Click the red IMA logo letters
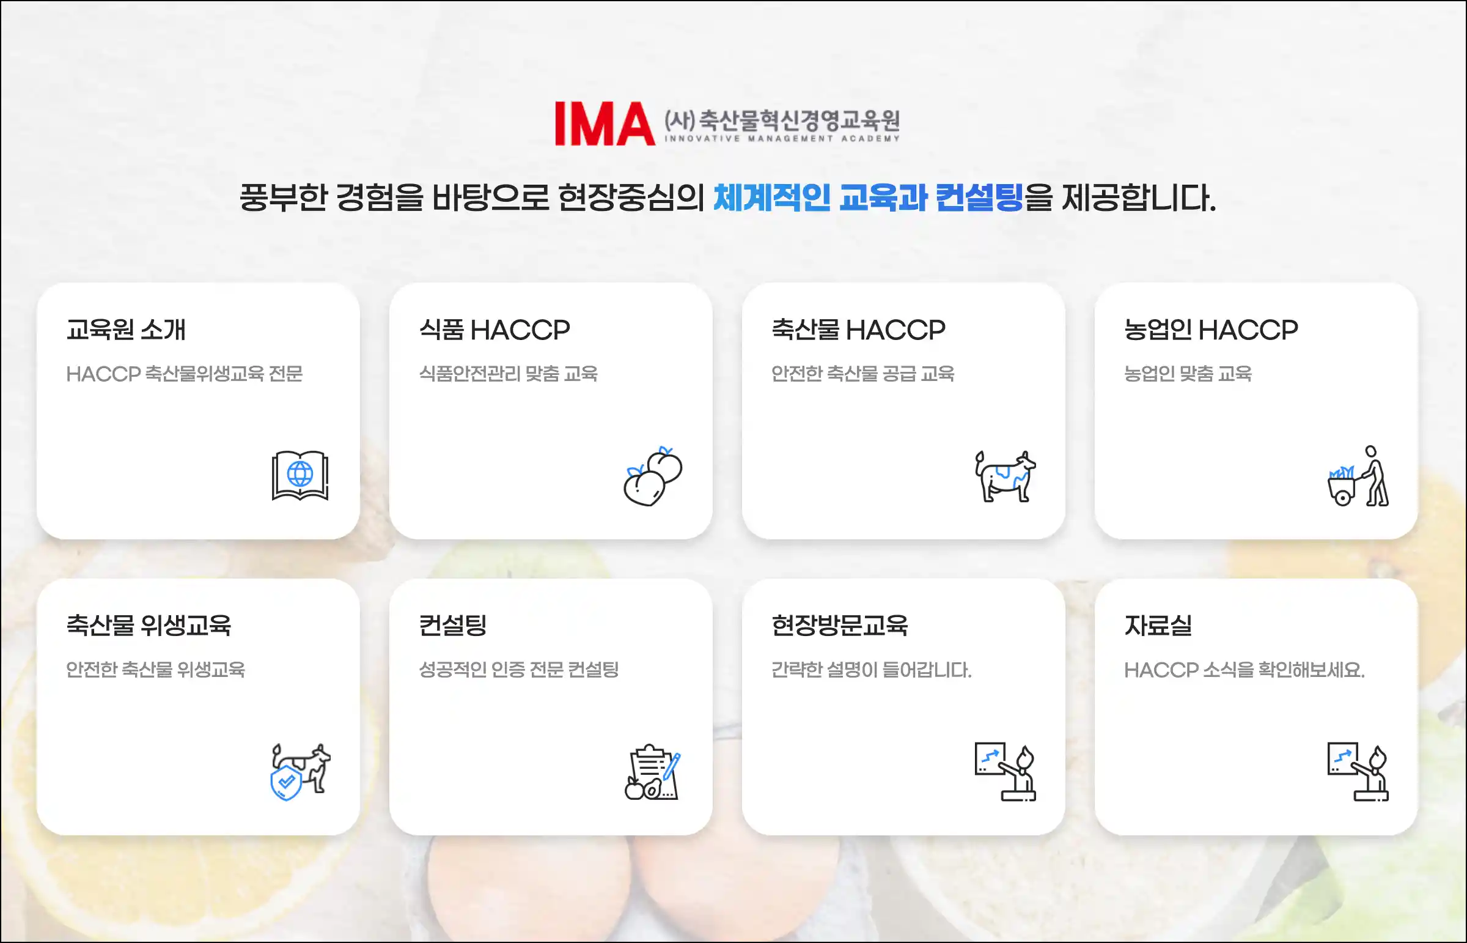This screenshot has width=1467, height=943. coord(605,124)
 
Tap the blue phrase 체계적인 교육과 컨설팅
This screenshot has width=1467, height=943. coord(869,198)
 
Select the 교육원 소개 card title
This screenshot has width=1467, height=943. coord(126,330)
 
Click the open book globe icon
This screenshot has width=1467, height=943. coord(300,475)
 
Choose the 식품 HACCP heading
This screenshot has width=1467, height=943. coord(495,330)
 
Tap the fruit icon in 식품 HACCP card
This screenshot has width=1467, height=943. coord(653,476)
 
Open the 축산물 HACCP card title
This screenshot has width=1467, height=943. coord(858,330)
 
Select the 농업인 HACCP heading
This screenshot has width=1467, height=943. coord(1211,330)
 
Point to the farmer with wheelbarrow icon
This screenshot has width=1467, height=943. coord(1358,476)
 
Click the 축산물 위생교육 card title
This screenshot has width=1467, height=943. coord(149,625)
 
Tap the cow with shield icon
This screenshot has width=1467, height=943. coord(301,772)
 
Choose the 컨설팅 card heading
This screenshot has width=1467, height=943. coord(453,625)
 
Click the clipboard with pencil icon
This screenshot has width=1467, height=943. coord(652,772)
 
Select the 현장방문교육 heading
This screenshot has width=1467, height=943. coord(840,625)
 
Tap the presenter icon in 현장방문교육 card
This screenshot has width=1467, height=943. coord(1005,772)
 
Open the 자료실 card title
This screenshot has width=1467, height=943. coord(1158,625)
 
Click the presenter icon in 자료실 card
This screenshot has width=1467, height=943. coord(1358,772)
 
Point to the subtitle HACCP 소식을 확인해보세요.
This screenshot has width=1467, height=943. coord(1245,670)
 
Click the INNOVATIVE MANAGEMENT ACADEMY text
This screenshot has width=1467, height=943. coord(782,138)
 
